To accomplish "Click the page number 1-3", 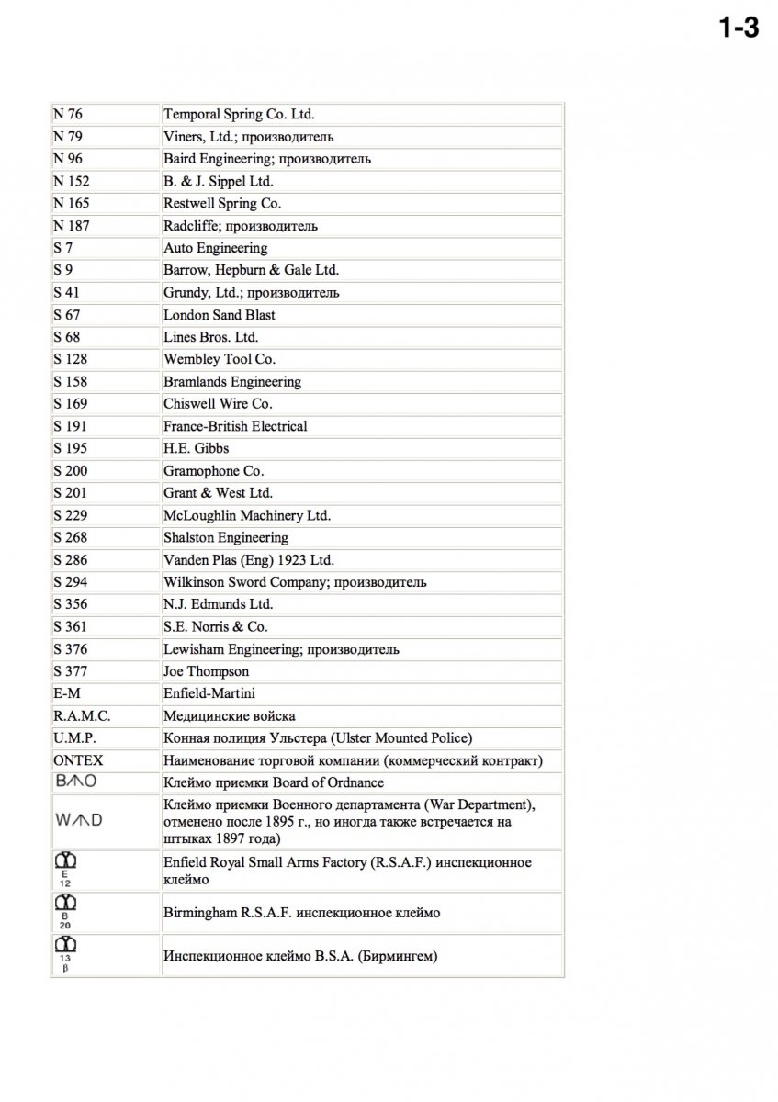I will pyautogui.click(x=738, y=28).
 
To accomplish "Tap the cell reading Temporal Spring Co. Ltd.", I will pyautogui.click(x=239, y=115).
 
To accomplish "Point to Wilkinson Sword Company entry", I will pyautogui.click(x=295, y=582).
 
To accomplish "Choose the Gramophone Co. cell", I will pyautogui.click(x=213, y=471).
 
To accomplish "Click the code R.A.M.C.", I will pyautogui.click(x=83, y=715).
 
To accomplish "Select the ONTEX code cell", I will pyautogui.click(x=79, y=760).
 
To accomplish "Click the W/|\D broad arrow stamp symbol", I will pyautogui.click(x=78, y=819).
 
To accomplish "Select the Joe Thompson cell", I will pyautogui.click(x=206, y=671).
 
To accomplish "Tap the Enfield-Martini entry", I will pyautogui.click(x=209, y=693).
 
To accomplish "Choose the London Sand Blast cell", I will pyautogui.click(x=219, y=315).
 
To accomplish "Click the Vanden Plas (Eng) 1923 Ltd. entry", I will pyautogui.click(x=249, y=560).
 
